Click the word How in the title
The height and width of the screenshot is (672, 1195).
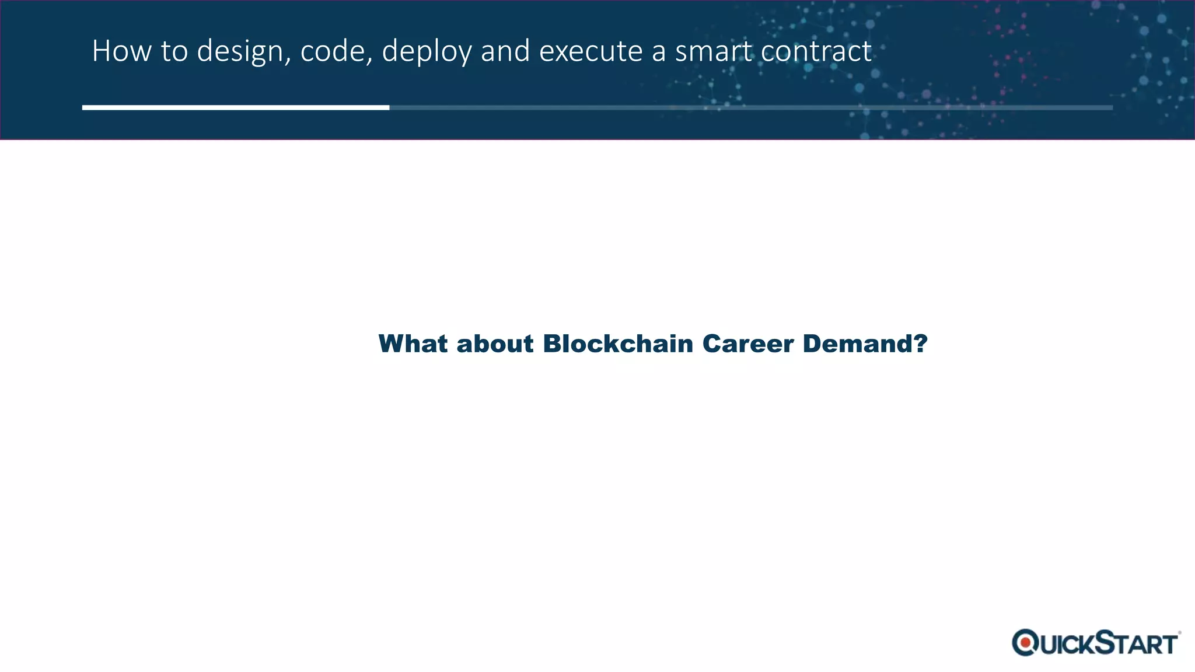(x=121, y=51)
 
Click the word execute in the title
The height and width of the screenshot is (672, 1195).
(x=590, y=51)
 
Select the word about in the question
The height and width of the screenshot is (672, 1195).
(x=495, y=344)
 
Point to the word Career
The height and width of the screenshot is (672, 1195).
(x=748, y=344)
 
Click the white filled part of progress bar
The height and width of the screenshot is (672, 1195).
(x=236, y=107)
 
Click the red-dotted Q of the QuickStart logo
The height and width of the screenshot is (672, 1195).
(x=1025, y=643)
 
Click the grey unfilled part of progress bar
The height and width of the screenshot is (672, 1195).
(x=750, y=107)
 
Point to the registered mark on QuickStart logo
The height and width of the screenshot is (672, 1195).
(x=1179, y=632)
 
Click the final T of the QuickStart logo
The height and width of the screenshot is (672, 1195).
(x=1168, y=645)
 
